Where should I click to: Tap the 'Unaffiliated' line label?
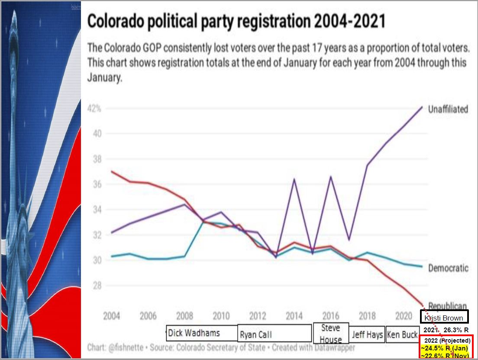[x=448, y=109]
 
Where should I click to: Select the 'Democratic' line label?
[x=448, y=268]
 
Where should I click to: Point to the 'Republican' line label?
[x=448, y=305]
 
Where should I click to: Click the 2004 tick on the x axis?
[x=112, y=316]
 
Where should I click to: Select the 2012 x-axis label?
[x=258, y=316]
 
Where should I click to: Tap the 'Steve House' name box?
[x=330, y=333]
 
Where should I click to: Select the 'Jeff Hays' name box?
[x=367, y=334]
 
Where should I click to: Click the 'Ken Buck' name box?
[x=402, y=334]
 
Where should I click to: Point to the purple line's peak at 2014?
[x=294, y=179]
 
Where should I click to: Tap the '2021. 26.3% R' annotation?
[x=446, y=330]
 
